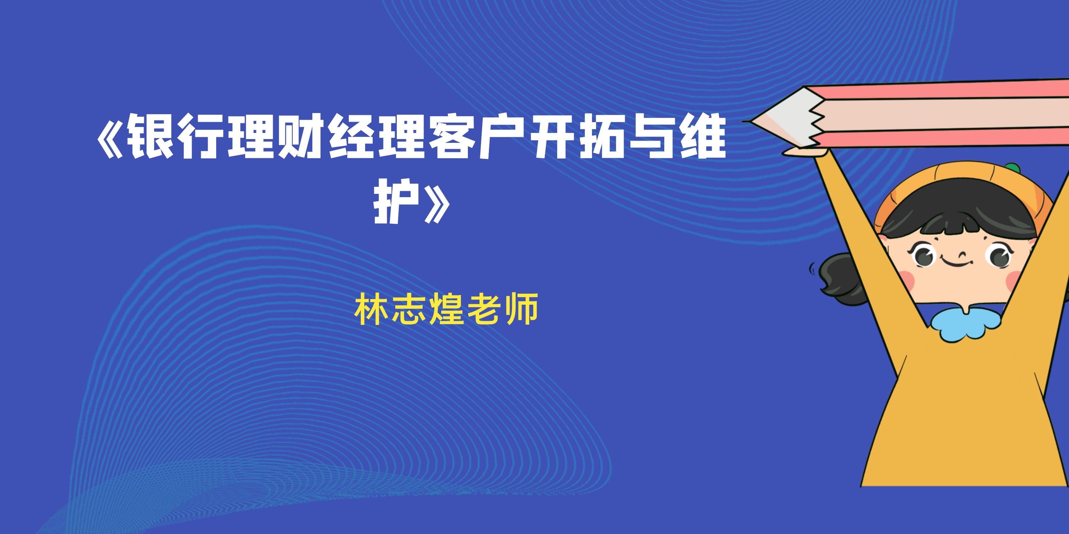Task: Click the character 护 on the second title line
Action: [396, 201]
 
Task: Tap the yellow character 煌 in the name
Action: [447, 309]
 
